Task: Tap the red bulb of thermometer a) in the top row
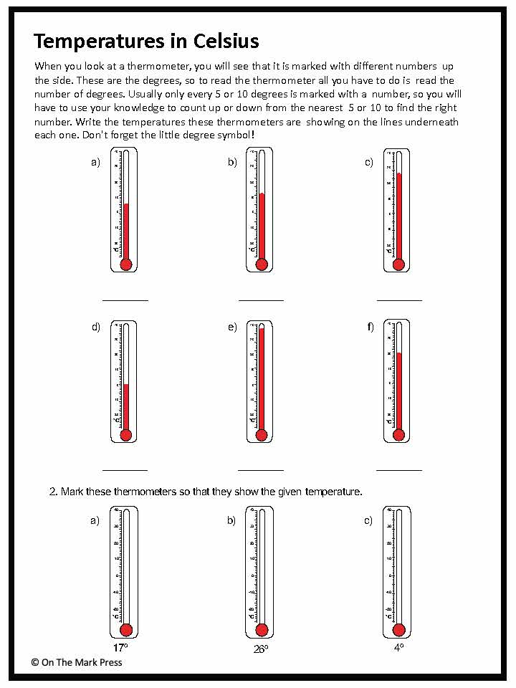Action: [x=126, y=264]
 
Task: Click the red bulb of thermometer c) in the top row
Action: [x=398, y=264]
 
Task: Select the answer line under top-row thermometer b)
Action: [x=261, y=300]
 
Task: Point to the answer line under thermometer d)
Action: [x=125, y=470]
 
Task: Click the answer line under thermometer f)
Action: [x=398, y=470]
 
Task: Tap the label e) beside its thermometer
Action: [x=232, y=328]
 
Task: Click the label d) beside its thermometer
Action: [x=95, y=328]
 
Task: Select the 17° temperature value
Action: [x=120, y=647]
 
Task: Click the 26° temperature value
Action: [x=260, y=649]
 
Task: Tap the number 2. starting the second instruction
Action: [x=53, y=492]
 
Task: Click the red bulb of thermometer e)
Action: [x=262, y=435]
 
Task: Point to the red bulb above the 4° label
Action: [x=398, y=630]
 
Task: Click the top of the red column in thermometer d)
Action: [x=126, y=385]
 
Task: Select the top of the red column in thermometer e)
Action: [x=262, y=328]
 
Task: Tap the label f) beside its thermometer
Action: [x=371, y=328]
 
